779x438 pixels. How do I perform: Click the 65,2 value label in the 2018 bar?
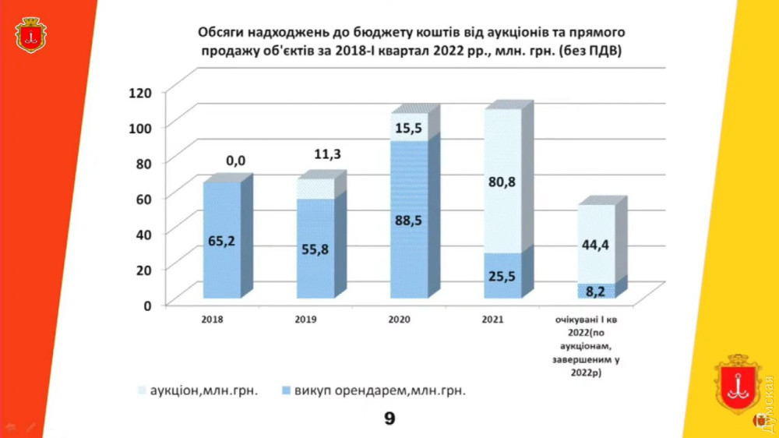(x=221, y=242)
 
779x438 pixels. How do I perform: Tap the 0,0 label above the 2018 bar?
(x=235, y=161)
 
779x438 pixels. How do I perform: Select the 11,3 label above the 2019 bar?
(x=328, y=154)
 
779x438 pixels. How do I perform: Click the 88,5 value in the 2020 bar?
(x=407, y=221)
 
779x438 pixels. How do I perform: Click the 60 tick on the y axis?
(x=142, y=198)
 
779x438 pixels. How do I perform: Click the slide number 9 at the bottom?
(x=389, y=419)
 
